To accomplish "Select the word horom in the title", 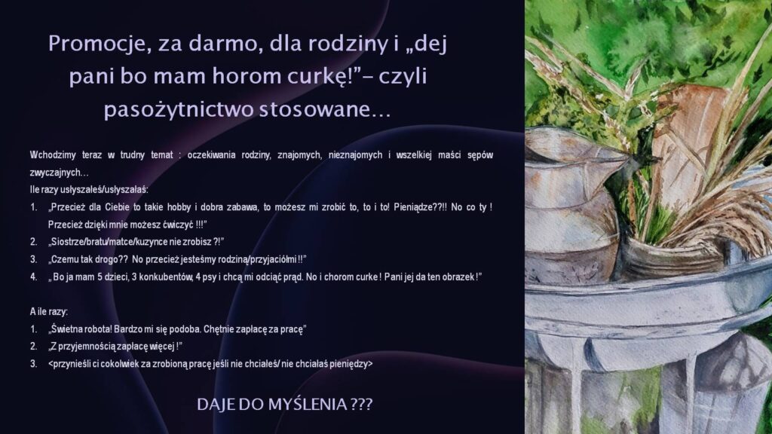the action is pyautogui.click(x=248, y=76).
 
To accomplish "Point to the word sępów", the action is pyautogui.click(x=479, y=155).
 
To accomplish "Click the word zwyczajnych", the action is pyautogui.click(x=59, y=173).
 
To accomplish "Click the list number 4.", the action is pyautogui.click(x=33, y=277).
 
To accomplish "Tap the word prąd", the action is pyautogui.click(x=293, y=277).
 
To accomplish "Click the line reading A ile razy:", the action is pyautogui.click(x=49, y=312).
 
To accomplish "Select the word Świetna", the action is pyautogui.click(x=69, y=329).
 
